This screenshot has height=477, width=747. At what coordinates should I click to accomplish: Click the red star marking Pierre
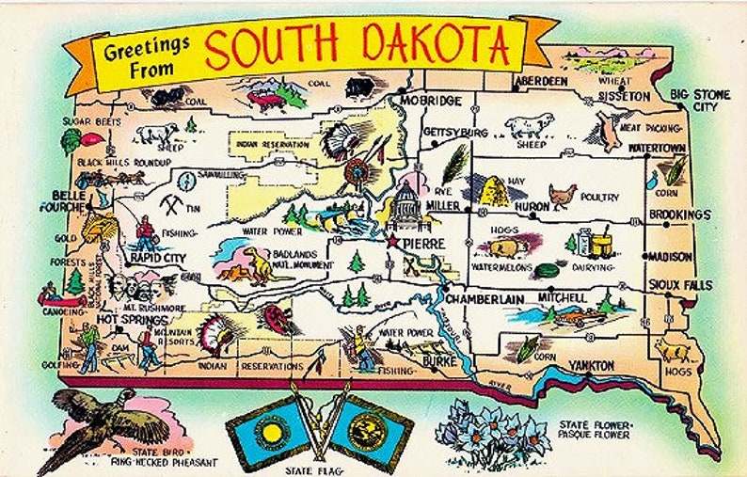[392, 241]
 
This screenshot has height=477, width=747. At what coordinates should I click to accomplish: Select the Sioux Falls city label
[680, 285]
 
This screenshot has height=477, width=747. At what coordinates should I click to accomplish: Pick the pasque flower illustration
[496, 432]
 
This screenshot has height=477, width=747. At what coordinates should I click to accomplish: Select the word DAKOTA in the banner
[442, 45]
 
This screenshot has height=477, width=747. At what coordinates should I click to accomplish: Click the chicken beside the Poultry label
[563, 195]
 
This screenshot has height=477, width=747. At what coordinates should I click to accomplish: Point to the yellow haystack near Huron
[497, 190]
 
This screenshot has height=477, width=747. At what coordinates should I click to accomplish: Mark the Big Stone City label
[707, 101]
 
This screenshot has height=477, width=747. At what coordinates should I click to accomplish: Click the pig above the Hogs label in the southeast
[673, 351]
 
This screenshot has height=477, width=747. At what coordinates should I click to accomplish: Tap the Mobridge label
[431, 101]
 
